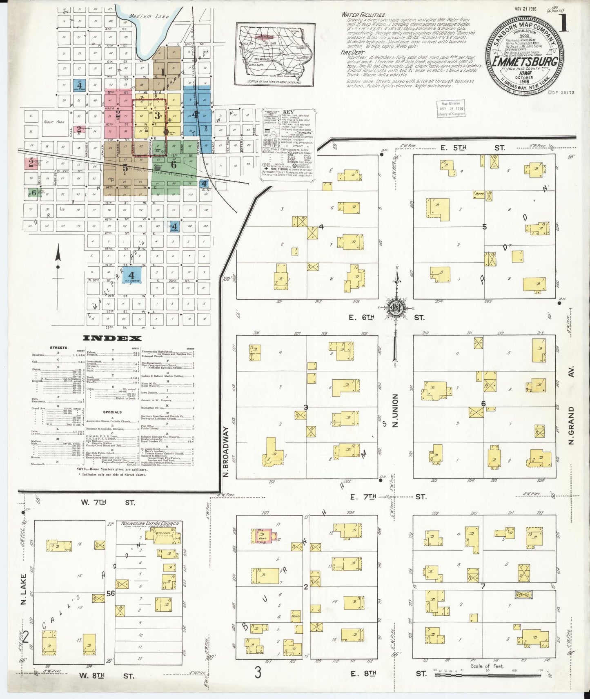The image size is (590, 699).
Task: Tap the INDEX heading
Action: coord(112,338)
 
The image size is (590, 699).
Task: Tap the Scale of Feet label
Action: coord(487,666)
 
